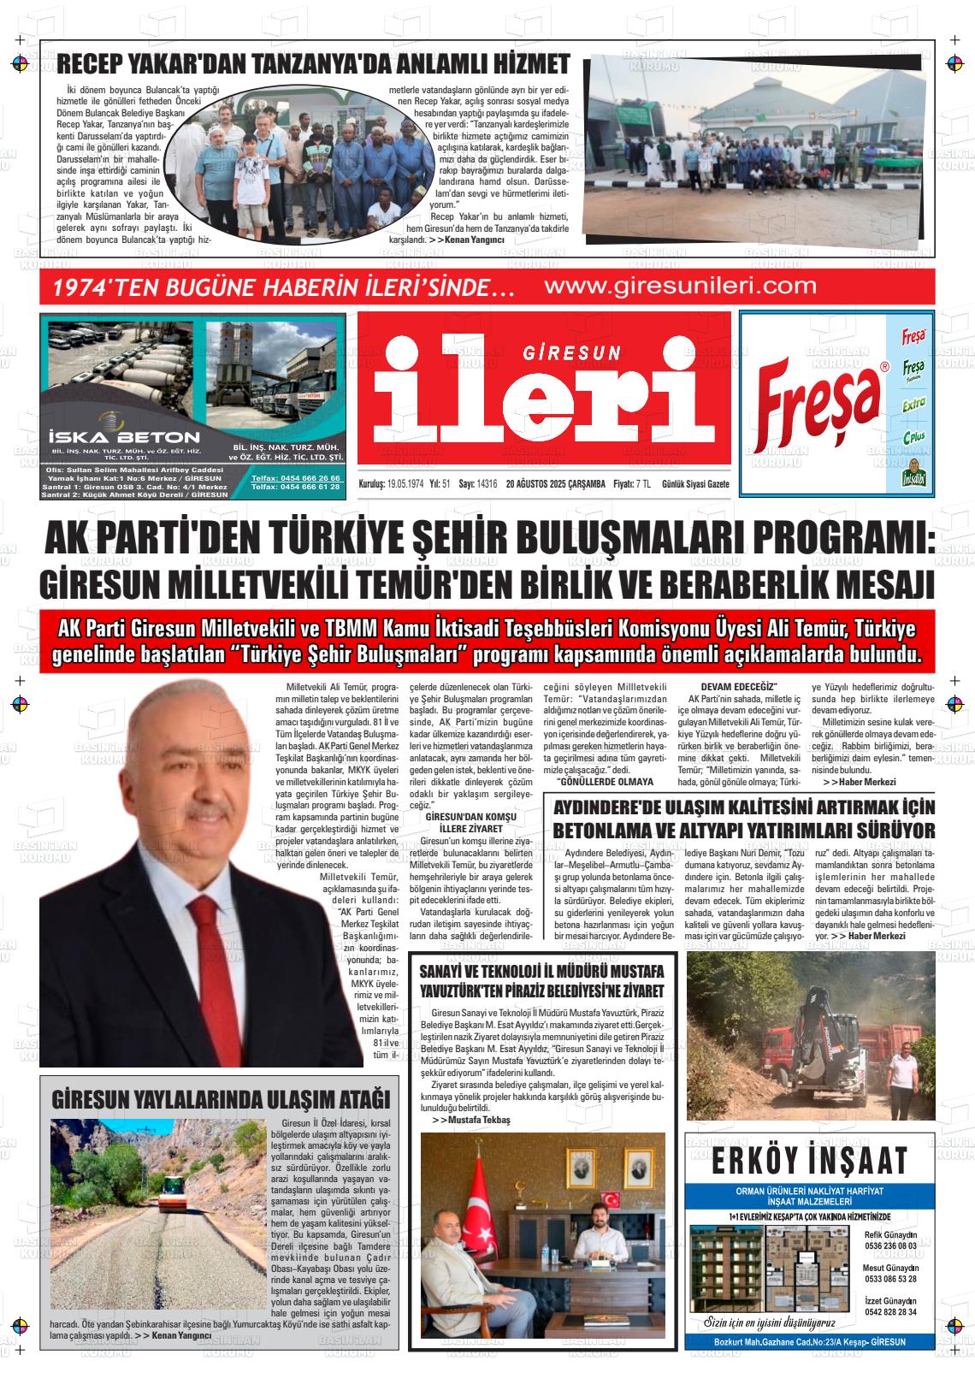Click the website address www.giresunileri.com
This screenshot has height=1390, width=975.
[x=680, y=287]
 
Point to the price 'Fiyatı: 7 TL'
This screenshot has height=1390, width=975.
[x=631, y=483]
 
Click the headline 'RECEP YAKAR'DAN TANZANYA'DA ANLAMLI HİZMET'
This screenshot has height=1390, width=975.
[x=313, y=64]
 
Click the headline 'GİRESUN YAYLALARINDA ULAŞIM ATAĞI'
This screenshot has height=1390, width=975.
[x=221, y=1098]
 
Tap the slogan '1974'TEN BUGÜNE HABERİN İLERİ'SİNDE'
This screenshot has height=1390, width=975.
[x=282, y=288]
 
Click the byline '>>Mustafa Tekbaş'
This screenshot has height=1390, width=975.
[x=470, y=1120]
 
